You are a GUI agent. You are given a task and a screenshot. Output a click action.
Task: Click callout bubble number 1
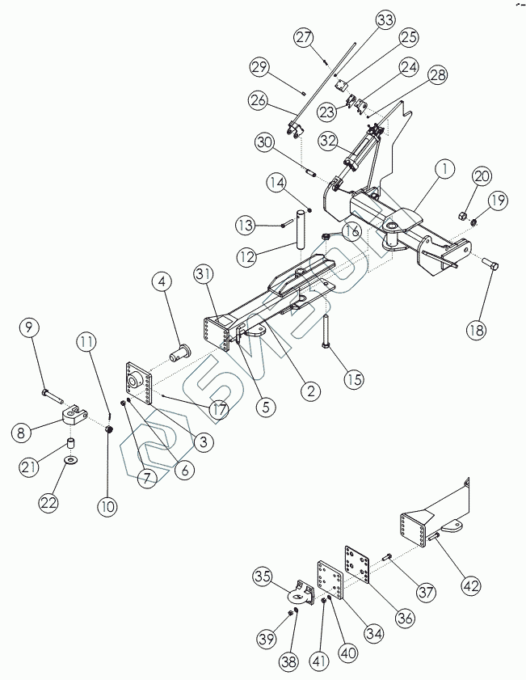point(443,169)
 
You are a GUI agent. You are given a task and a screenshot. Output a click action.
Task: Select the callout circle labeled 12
point(247,256)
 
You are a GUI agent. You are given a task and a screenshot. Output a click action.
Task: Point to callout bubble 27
point(303,37)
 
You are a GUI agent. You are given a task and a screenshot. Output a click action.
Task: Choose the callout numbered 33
point(384,19)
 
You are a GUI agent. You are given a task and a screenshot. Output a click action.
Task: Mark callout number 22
point(49,501)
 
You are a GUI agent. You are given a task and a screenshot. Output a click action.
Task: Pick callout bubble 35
point(263,577)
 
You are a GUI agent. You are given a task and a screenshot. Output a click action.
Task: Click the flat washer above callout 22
point(72,460)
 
